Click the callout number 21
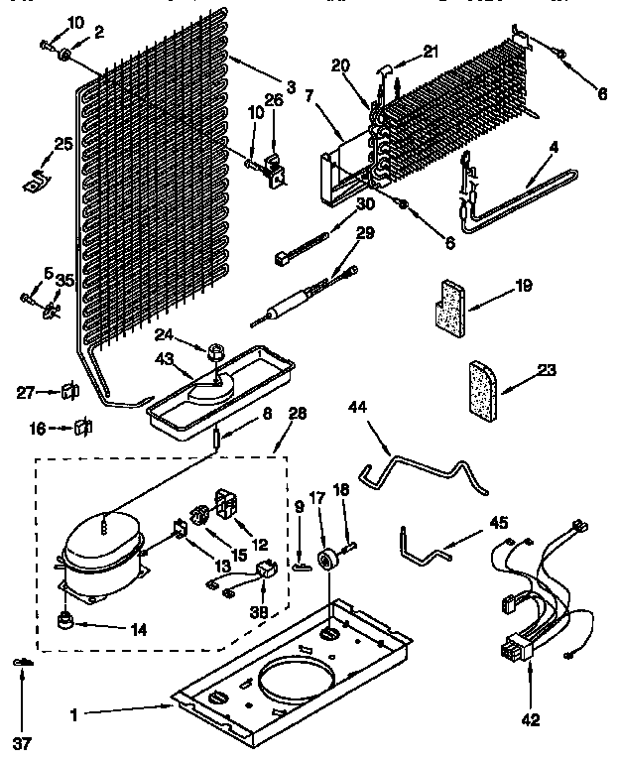tap(429, 52)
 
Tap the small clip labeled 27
tap(69, 391)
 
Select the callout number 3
tap(290, 87)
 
